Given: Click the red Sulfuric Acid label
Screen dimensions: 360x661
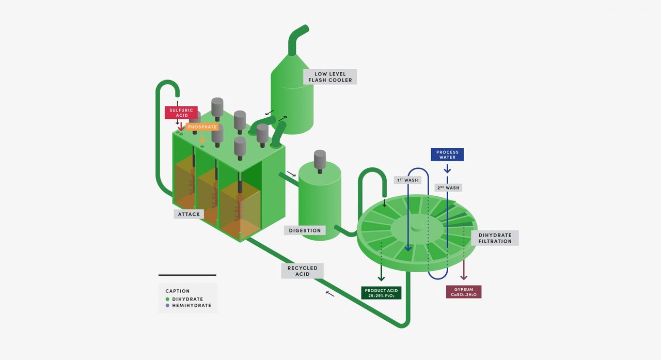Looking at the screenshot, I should click(x=181, y=112).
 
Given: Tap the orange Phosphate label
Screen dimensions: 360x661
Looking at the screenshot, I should click(x=202, y=127).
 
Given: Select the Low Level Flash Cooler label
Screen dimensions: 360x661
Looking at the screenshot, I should click(x=330, y=77).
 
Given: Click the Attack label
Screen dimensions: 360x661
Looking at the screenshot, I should click(x=189, y=214).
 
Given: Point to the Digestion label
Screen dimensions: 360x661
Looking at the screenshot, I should click(x=305, y=230).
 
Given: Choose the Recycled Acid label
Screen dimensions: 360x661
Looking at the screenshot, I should click(x=303, y=271).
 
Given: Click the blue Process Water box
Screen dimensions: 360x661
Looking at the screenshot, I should click(x=447, y=154).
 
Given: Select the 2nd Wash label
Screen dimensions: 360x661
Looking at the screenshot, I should click(x=447, y=187).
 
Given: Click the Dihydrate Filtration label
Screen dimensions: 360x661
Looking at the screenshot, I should click(x=495, y=238).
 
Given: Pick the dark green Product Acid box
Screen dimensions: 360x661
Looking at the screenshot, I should click(x=381, y=293).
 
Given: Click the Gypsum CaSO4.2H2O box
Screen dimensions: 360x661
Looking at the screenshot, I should click(x=463, y=292).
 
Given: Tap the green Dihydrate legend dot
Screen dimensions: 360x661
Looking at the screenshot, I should click(x=167, y=299).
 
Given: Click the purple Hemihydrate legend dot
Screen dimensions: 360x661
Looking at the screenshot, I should click(x=167, y=306).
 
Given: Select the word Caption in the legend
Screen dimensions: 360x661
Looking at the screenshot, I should click(x=177, y=291).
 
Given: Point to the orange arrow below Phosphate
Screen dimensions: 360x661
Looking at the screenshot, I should click(x=202, y=138).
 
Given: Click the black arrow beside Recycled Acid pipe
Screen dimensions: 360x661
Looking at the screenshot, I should click(x=329, y=294).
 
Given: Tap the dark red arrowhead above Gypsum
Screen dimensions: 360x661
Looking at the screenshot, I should click(x=464, y=277).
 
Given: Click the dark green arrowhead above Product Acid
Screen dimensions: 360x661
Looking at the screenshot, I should click(x=381, y=278).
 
